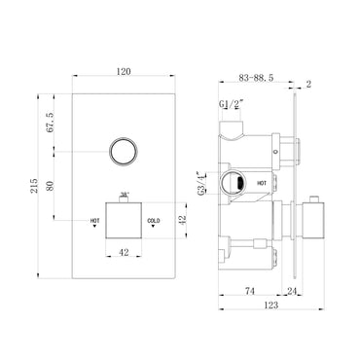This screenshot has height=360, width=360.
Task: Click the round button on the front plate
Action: (x=122, y=152)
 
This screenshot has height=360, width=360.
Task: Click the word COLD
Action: (x=154, y=220)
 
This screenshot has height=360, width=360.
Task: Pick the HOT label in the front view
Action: (x=94, y=220)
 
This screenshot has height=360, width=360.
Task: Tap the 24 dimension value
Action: (x=291, y=289)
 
